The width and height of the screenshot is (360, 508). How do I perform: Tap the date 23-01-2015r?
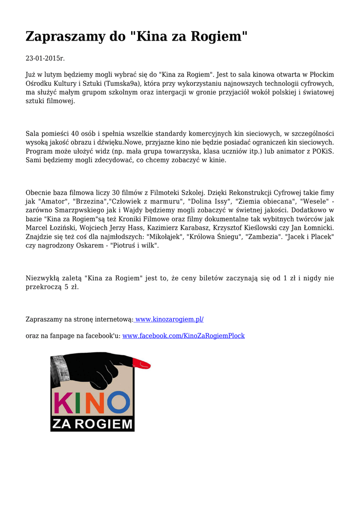pyautogui.click(x=45, y=59)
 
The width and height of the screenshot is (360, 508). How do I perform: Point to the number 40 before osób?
pyautogui.click(x=75, y=134)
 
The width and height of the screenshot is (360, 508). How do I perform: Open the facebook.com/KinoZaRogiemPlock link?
pyautogui.click(x=183, y=336)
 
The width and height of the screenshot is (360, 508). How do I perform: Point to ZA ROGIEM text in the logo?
pyautogui.click(x=92, y=424)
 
